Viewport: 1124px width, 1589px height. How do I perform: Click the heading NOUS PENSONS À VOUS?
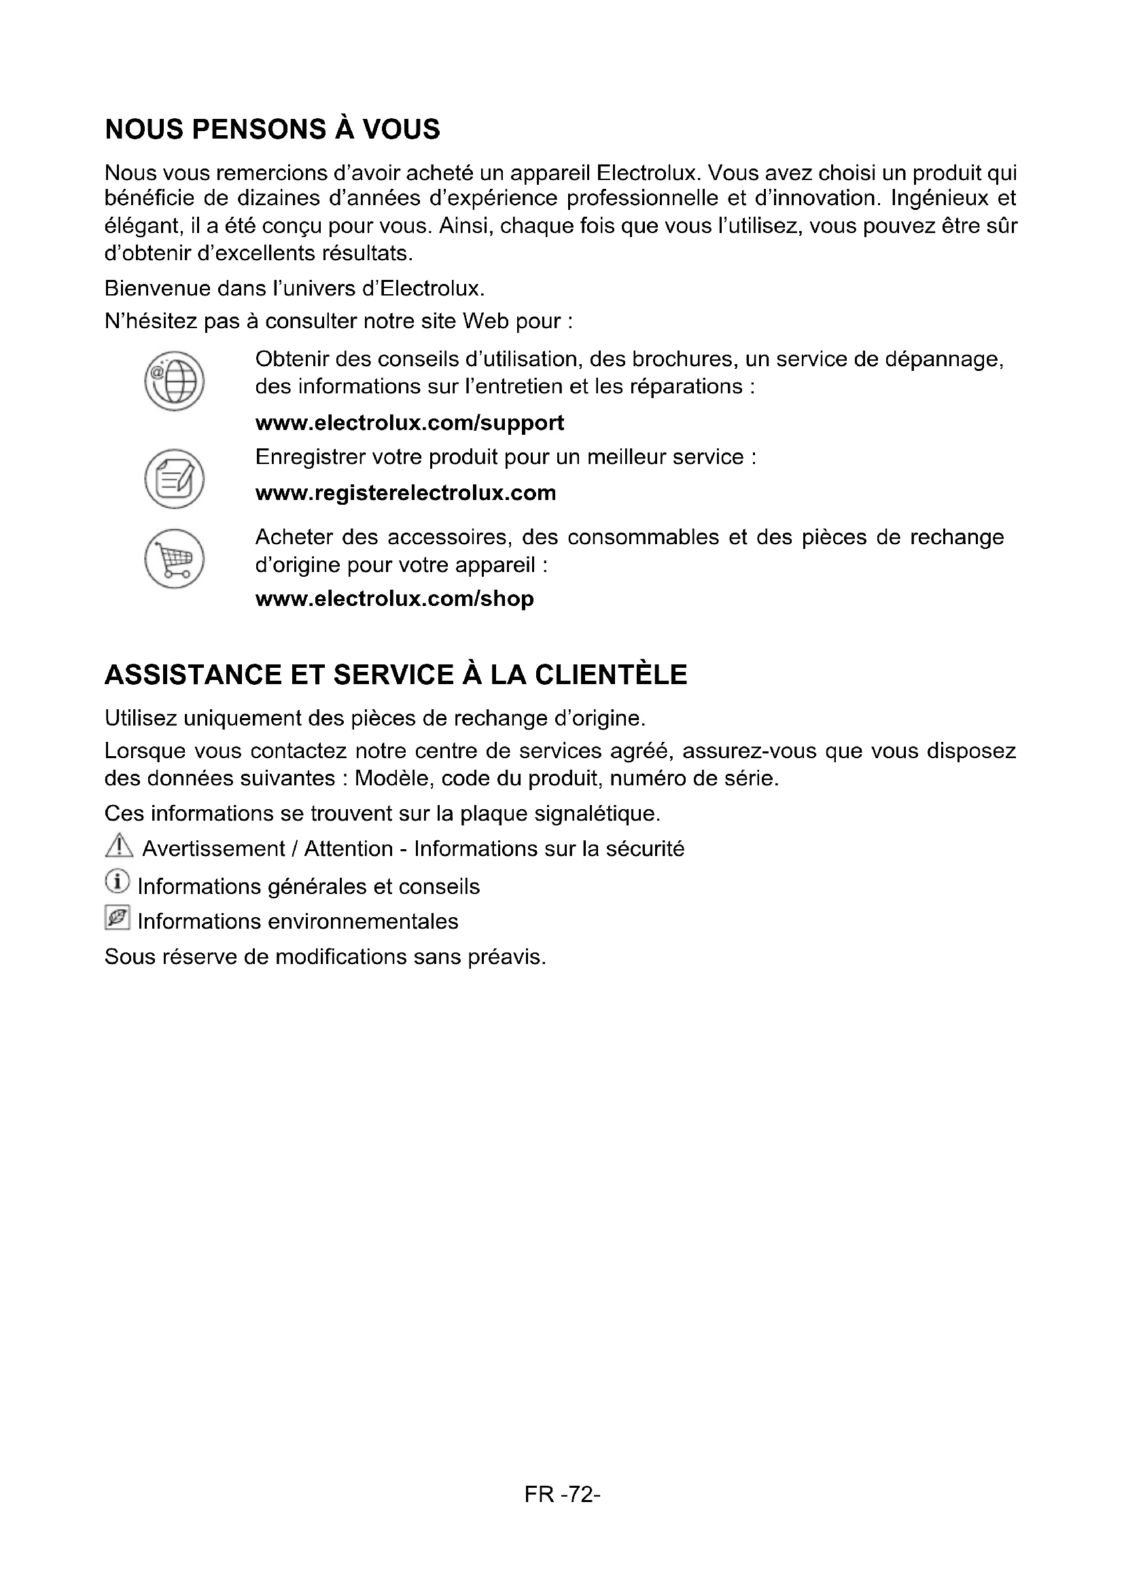click(272, 130)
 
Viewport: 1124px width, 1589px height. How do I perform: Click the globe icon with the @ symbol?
click(175, 380)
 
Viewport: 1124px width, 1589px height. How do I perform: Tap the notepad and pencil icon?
click(175, 478)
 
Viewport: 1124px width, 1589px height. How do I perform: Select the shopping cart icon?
click(175, 558)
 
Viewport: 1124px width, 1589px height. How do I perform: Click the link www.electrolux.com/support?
click(409, 423)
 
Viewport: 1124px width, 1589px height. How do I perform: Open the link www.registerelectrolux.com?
click(406, 493)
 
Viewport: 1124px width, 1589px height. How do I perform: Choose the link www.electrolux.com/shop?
click(395, 599)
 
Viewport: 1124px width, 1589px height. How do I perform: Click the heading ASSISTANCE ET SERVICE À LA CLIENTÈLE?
click(396, 675)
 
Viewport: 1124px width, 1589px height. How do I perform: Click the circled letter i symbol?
click(117, 882)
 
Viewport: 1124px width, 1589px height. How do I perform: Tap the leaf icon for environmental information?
click(117, 918)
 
